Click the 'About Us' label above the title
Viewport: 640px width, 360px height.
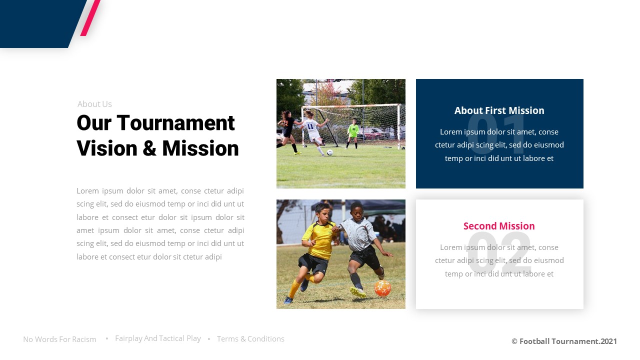(x=94, y=104)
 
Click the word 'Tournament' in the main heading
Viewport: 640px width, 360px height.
(x=176, y=123)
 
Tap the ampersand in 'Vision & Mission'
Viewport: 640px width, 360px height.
(x=150, y=148)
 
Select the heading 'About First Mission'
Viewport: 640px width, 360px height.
(x=499, y=110)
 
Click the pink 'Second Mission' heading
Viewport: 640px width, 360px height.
(x=499, y=226)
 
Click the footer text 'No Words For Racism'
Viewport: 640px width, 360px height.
(x=59, y=339)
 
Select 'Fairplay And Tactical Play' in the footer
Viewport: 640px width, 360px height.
(x=158, y=338)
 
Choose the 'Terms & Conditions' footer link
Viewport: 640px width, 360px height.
(x=250, y=339)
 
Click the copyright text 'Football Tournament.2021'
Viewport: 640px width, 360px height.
(x=564, y=341)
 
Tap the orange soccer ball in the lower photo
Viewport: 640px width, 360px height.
(x=382, y=288)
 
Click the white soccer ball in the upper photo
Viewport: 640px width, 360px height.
(x=329, y=152)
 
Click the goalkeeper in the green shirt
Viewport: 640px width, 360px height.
(x=353, y=132)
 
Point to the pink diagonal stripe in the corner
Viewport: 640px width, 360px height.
(x=90, y=17)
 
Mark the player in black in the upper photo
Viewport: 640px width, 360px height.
(x=288, y=130)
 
